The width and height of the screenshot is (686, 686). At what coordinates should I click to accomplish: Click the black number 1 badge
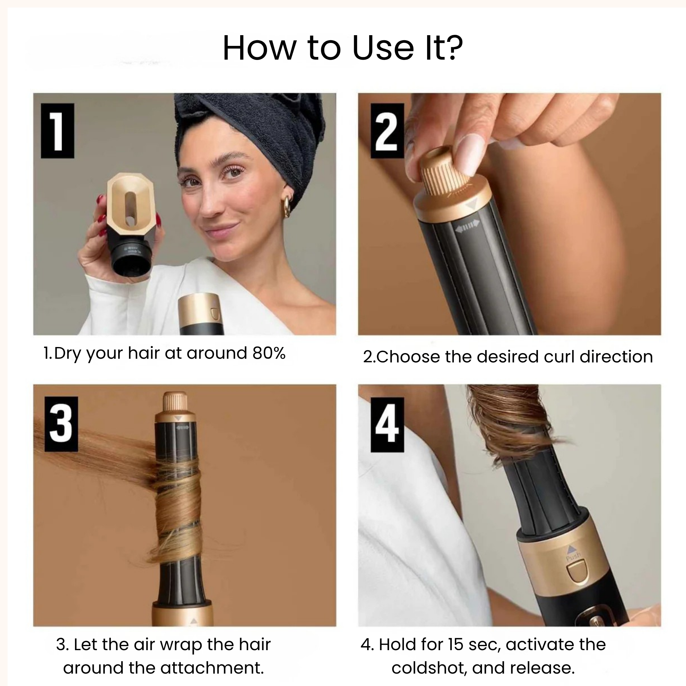(x=58, y=131)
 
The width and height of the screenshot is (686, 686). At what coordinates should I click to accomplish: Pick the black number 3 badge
(x=61, y=424)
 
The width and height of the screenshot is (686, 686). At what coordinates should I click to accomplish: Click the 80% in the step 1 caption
(x=269, y=353)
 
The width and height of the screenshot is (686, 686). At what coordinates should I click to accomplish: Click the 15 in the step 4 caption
(x=455, y=644)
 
